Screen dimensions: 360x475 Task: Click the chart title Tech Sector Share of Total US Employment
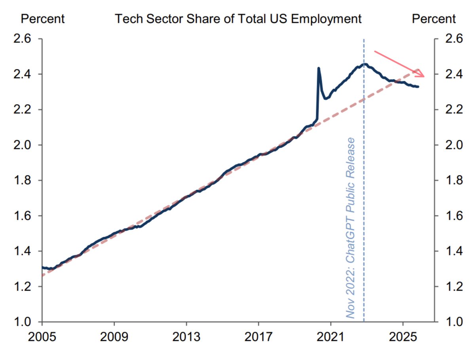(238, 19)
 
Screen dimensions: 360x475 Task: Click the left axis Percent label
(42, 19)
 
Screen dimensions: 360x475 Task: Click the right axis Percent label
(434, 19)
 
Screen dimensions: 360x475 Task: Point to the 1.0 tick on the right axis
(454, 322)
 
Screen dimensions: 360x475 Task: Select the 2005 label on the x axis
(42, 338)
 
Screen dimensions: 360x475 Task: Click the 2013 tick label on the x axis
(186, 338)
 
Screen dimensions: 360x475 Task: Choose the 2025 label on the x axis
(403, 338)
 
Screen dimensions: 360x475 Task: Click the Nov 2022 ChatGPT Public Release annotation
(350, 228)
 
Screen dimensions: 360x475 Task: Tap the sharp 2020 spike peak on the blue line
(319, 68)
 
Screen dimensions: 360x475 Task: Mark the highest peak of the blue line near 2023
(365, 64)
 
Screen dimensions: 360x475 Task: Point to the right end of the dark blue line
(418, 87)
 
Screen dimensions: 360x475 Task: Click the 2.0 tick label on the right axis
(454, 145)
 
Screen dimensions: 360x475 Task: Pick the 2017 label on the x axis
(258, 338)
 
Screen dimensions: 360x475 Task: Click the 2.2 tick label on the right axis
(454, 110)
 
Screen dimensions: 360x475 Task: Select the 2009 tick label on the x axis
(114, 338)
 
